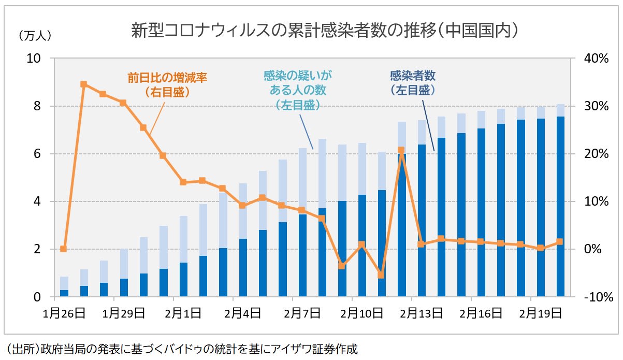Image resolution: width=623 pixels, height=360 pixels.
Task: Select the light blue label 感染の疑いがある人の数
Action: click(297, 90)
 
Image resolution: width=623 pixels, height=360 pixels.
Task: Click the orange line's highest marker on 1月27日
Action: click(83, 84)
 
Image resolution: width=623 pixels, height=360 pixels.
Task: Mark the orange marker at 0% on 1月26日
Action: click(63, 249)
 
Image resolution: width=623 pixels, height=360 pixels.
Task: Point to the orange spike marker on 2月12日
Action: click(401, 150)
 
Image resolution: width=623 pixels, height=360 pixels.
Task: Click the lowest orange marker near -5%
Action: click(381, 275)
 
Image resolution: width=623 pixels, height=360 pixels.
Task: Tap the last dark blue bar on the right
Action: click(560, 207)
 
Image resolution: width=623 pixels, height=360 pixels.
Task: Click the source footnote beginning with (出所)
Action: click(181, 348)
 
